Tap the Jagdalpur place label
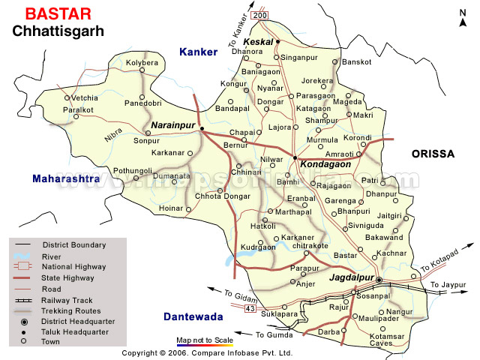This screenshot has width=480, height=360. [x=351, y=278]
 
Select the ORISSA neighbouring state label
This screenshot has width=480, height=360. [x=433, y=153]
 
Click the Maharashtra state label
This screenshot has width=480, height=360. [x=65, y=179]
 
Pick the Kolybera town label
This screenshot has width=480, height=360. [x=142, y=63]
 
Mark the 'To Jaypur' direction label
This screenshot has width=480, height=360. [x=448, y=285]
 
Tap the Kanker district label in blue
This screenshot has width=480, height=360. [x=197, y=52]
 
